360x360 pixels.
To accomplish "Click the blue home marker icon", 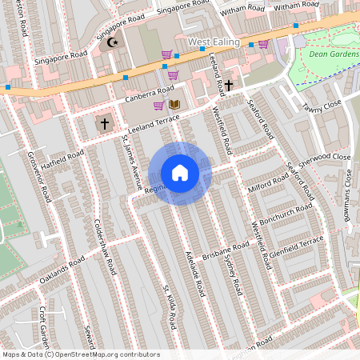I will click(180, 173).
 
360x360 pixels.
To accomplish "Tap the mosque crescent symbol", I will click(112, 42).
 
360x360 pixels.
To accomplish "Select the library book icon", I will click(174, 105).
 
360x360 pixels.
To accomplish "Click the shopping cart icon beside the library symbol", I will click(159, 105).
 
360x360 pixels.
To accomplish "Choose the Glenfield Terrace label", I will click(298, 246).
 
